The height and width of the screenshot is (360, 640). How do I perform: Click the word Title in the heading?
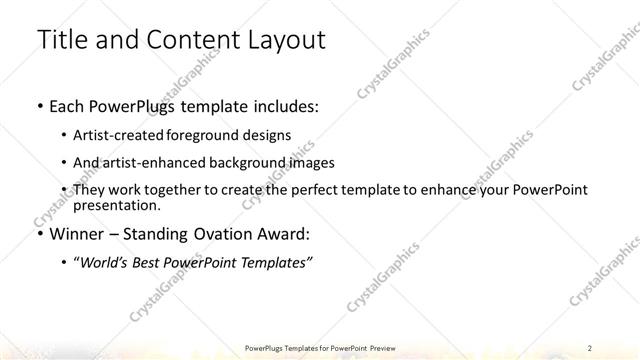point(61,41)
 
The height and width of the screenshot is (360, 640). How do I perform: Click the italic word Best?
point(159,262)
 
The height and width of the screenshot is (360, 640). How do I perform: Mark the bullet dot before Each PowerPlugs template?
point(39,105)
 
